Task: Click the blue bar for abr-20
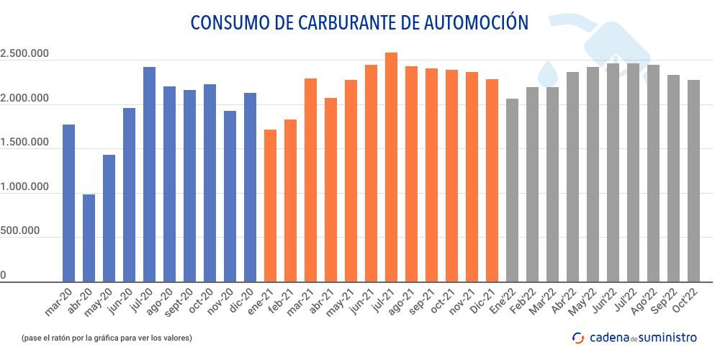tap(89, 238)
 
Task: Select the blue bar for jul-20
tap(149, 174)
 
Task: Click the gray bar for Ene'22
tap(513, 190)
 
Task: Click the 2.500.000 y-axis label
tap(24, 54)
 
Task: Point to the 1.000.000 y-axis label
tap(24, 187)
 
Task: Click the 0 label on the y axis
tap(4, 276)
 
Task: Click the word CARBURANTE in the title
tap(345, 22)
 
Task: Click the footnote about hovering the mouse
tap(107, 337)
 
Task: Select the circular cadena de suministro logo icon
tap(577, 337)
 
